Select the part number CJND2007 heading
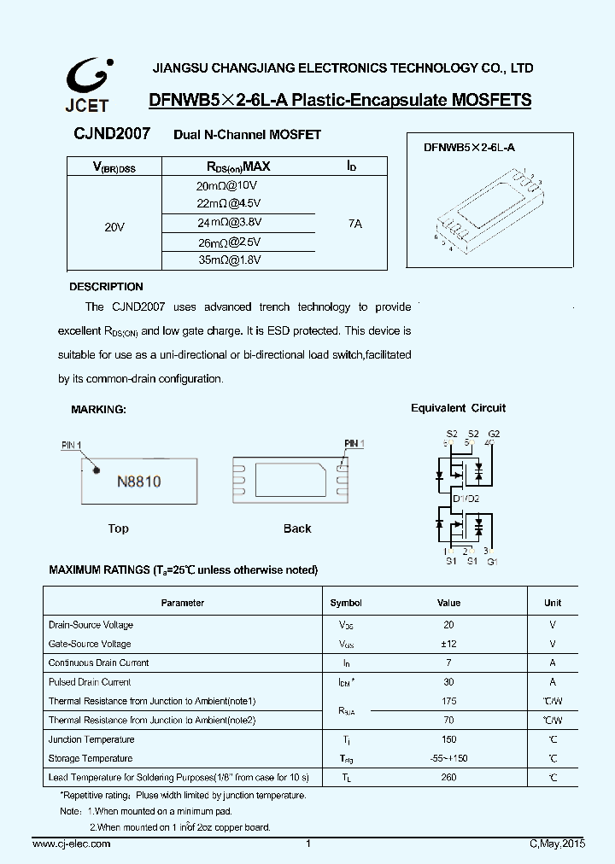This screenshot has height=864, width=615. tap(112, 134)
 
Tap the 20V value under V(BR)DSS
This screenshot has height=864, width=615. tap(114, 226)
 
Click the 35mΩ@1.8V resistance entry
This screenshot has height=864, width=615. tap(229, 260)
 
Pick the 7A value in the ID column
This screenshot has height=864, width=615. tap(354, 223)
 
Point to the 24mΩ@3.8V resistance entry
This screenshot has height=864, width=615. tap(229, 222)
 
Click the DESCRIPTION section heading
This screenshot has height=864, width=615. tap(106, 287)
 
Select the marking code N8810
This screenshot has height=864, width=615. tap(138, 482)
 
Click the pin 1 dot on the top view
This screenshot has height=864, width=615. tap(97, 469)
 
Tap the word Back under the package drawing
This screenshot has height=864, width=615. tap(297, 528)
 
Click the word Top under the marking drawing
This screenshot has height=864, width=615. tap(119, 528)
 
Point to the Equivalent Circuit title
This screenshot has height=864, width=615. tap(458, 408)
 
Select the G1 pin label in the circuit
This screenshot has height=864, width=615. tap(492, 561)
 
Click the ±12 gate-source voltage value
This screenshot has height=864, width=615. tap(448, 644)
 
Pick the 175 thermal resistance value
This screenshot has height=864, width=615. tap(448, 701)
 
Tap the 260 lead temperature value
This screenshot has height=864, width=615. tap(448, 777)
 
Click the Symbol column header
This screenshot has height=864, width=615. tap(346, 603)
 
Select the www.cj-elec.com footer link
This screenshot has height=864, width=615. tap(71, 844)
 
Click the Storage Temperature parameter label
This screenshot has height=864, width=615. tap(91, 758)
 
